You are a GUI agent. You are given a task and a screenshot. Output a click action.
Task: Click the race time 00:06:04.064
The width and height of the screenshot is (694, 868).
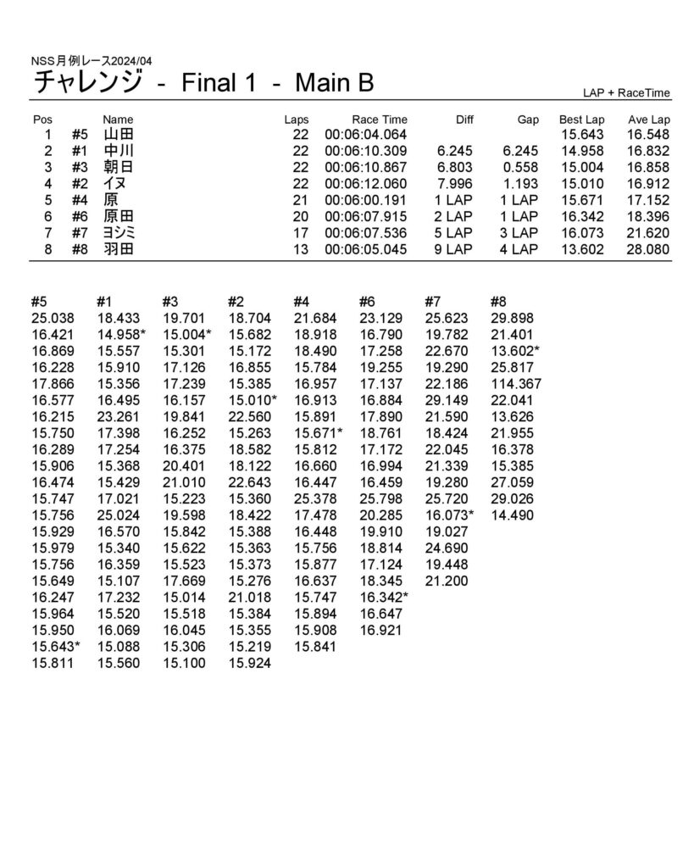[x=365, y=135]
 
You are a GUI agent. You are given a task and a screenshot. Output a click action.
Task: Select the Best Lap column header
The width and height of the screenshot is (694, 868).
[x=581, y=120]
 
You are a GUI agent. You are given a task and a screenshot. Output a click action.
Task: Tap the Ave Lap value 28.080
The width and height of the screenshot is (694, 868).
[x=648, y=249]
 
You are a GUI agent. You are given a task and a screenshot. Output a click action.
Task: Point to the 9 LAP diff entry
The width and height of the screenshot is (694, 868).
[x=452, y=249]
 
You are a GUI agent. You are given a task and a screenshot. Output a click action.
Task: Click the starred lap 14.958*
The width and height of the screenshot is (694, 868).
[x=121, y=335]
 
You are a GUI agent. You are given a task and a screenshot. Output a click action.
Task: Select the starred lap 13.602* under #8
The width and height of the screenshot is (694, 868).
[x=515, y=351]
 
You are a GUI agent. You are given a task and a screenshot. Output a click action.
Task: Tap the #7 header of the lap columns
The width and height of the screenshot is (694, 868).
[x=434, y=301]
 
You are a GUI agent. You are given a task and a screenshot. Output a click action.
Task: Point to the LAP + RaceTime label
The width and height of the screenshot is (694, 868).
[x=626, y=92]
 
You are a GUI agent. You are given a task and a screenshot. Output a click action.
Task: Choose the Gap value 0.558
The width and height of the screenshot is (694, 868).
[x=520, y=167]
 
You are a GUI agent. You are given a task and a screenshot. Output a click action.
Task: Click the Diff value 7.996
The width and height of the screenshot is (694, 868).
[x=455, y=184]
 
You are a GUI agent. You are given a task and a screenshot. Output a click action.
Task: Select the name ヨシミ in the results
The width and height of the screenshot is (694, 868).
[x=119, y=233]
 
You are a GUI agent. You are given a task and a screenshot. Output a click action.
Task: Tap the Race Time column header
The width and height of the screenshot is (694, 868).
[x=380, y=120]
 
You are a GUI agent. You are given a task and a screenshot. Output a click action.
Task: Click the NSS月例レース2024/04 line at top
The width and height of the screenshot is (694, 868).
[x=92, y=61]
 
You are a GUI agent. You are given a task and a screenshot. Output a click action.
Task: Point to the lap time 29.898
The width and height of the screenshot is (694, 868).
[x=511, y=318]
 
